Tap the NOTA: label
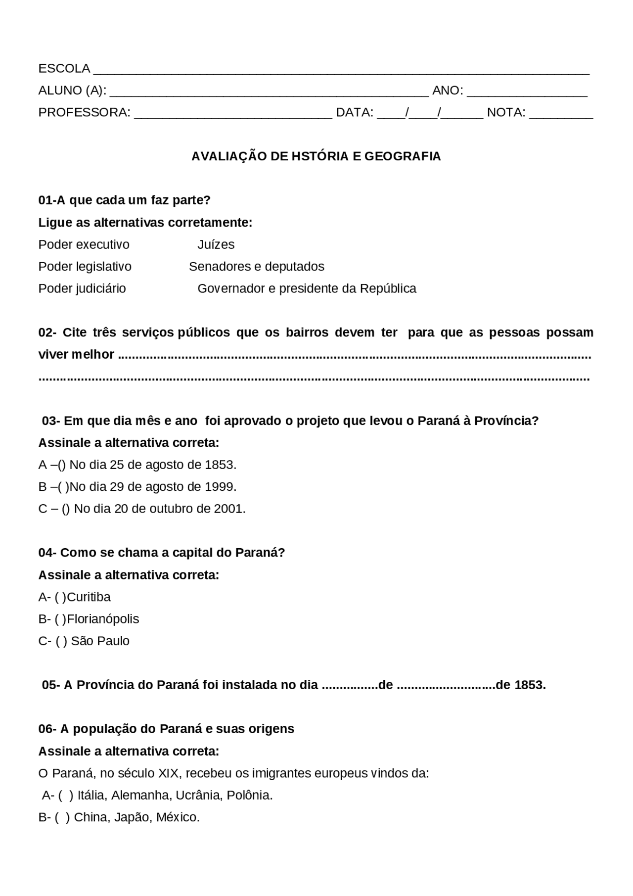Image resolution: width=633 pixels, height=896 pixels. [505, 112]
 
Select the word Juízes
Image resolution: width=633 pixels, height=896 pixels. [216, 244]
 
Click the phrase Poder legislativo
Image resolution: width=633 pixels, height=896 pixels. [85, 267]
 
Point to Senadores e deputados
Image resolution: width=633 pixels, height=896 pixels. [256, 267]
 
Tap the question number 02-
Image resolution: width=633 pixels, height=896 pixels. [47, 332]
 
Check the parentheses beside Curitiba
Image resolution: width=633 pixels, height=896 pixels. [60, 597]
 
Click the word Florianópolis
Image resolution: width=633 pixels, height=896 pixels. [103, 619]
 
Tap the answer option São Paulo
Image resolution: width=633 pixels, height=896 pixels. [100, 641]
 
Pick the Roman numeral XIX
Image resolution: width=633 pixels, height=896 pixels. [169, 773]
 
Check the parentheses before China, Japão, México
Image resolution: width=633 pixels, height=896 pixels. [62, 817]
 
